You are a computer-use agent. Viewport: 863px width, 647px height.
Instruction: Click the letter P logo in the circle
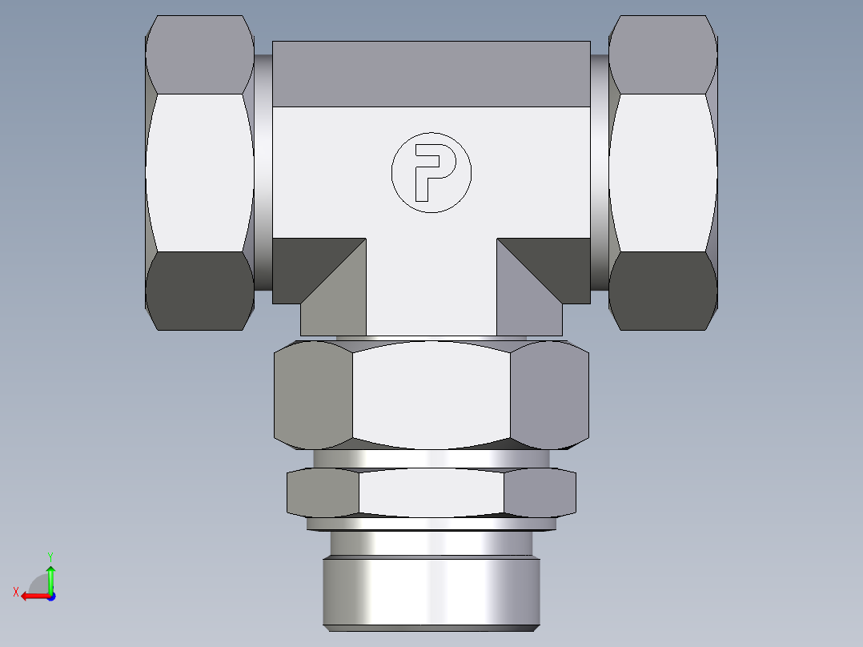(x=431, y=172)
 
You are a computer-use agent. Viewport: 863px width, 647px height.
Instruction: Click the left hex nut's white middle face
(x=200, y=172)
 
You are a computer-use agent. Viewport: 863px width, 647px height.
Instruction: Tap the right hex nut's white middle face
(x=662, y=172)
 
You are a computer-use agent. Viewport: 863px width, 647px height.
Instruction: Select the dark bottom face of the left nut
(x=200, y=290)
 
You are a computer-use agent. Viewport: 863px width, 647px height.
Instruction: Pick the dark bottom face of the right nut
(x=662, y=290)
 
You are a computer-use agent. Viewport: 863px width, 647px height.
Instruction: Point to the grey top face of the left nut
(x=200, y=54)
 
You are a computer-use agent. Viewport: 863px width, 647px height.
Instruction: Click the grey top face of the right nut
(x=662, y=54)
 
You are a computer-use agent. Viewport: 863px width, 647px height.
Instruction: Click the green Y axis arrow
(x=50, y=575)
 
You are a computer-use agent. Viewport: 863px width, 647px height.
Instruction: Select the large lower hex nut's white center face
(x=431, y=394)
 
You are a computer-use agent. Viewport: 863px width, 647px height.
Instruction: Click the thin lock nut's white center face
(x=431, y=492)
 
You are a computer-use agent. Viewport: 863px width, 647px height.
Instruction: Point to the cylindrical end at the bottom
(x=431, y=593)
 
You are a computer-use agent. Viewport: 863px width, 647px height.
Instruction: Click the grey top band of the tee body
(x=431, y=74)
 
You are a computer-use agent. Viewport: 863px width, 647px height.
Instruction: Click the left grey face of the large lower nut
(x=312, y=394)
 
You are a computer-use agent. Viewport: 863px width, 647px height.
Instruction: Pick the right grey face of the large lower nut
(x=549, y=394)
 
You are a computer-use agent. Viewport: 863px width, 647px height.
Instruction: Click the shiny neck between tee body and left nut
(x=263, y=172)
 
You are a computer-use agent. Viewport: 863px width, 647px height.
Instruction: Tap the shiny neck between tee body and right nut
(x=600, y=172)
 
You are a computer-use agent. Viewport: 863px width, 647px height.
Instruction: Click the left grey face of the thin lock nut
(x=322, y=492)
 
